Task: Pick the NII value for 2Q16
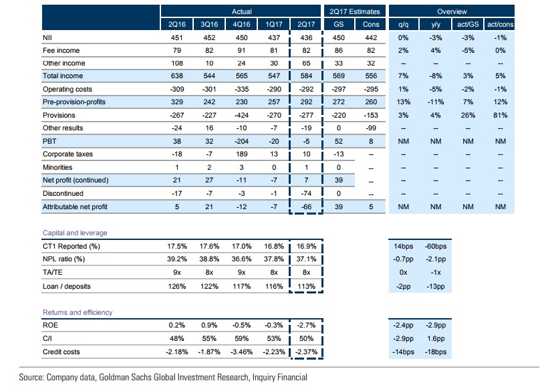pos(178,38)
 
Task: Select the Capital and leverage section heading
pos(74,233)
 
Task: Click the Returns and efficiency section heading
pos(77,311)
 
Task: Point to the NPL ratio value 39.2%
pos(178,259)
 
